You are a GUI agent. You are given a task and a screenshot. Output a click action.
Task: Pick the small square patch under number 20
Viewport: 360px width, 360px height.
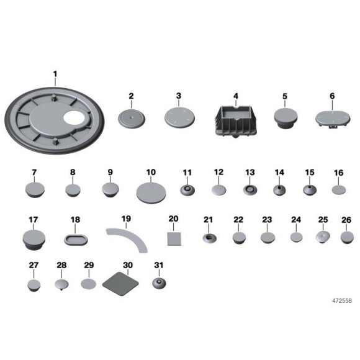click(174, 239)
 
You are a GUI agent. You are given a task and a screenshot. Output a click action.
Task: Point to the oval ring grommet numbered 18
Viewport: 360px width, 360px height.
click(76, 240)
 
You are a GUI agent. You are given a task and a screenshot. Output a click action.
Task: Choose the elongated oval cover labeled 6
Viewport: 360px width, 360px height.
click(333, 119)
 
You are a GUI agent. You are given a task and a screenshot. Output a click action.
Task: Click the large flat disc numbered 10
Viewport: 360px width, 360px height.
click(151, 193)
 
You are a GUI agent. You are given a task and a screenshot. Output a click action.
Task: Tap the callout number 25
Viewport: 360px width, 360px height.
click(323, 220)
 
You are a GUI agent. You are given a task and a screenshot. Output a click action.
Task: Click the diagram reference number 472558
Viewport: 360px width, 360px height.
click(342, 300)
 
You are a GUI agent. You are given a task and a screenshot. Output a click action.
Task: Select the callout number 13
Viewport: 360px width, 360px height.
click(250, 173)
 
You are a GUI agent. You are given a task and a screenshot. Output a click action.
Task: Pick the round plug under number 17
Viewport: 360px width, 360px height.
click(34, 240)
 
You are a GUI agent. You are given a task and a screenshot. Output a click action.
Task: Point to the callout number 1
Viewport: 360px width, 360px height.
click(55, 74)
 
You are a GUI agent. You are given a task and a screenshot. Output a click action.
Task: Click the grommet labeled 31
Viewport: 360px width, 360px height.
click(159, 283)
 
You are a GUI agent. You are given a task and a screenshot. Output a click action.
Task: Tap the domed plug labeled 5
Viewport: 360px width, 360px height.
click(286, 119)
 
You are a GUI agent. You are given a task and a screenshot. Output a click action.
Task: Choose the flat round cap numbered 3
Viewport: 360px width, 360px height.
click(179, 117)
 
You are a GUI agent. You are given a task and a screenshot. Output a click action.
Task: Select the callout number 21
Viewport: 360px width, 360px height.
click(208, 220)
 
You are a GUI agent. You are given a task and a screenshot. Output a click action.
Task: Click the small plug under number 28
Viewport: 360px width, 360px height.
click(61, 285)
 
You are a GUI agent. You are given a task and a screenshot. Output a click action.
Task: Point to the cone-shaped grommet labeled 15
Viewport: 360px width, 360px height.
click(310, 190)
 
